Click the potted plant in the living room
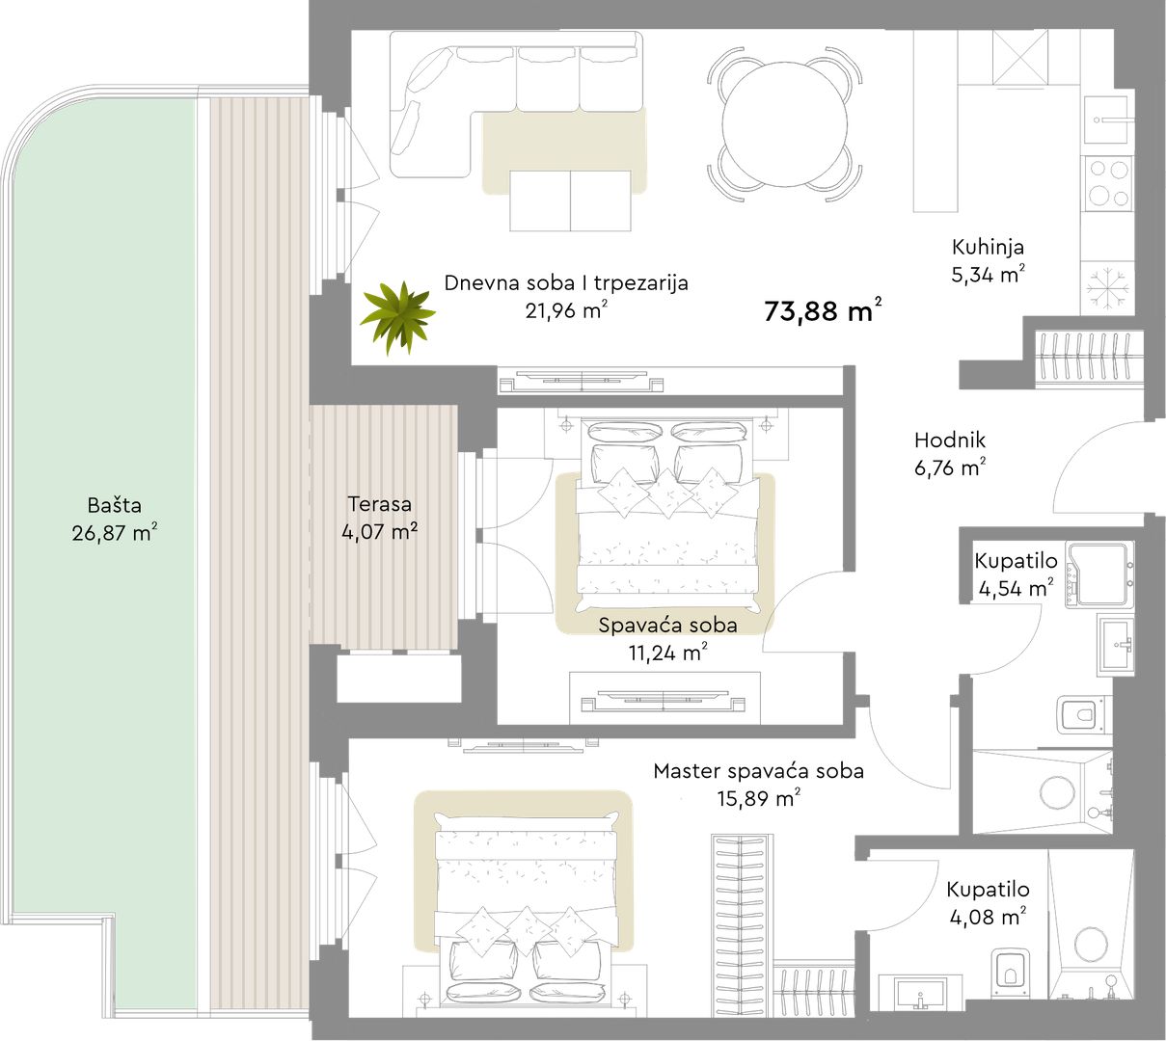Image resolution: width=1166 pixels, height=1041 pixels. pyautogui.click(x=397, y=317)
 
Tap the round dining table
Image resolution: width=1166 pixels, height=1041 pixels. pyautogui.click(x=784, y=124)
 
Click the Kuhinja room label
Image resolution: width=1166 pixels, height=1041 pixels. pyautogui.click(x=988, y=248)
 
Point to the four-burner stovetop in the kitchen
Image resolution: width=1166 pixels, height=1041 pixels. pyautogui.click(x=1109, y=183)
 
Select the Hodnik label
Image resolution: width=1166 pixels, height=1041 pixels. pyautogui.click(x=950, y=440)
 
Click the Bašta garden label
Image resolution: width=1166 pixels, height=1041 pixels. pyautogui.click(x=115, y=505)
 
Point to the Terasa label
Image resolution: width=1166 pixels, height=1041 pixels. pyautogui.click(x=380, y=504)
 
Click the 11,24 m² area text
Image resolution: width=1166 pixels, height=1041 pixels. pyautogui.click(x=667, y=653)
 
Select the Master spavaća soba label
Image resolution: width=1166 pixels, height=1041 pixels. pyautogui.click(x=759, y=771)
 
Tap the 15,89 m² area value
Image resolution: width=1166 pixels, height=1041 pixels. pyautogui.click(x=759, y=798)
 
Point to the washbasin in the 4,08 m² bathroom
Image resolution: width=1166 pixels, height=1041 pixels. pyautogui.click(x=920, y=993)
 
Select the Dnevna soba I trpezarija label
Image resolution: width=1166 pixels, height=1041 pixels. pyautogui.click(x=566, y=283)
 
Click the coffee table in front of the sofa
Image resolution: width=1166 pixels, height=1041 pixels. pyautogui.click(x=570, y=200)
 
